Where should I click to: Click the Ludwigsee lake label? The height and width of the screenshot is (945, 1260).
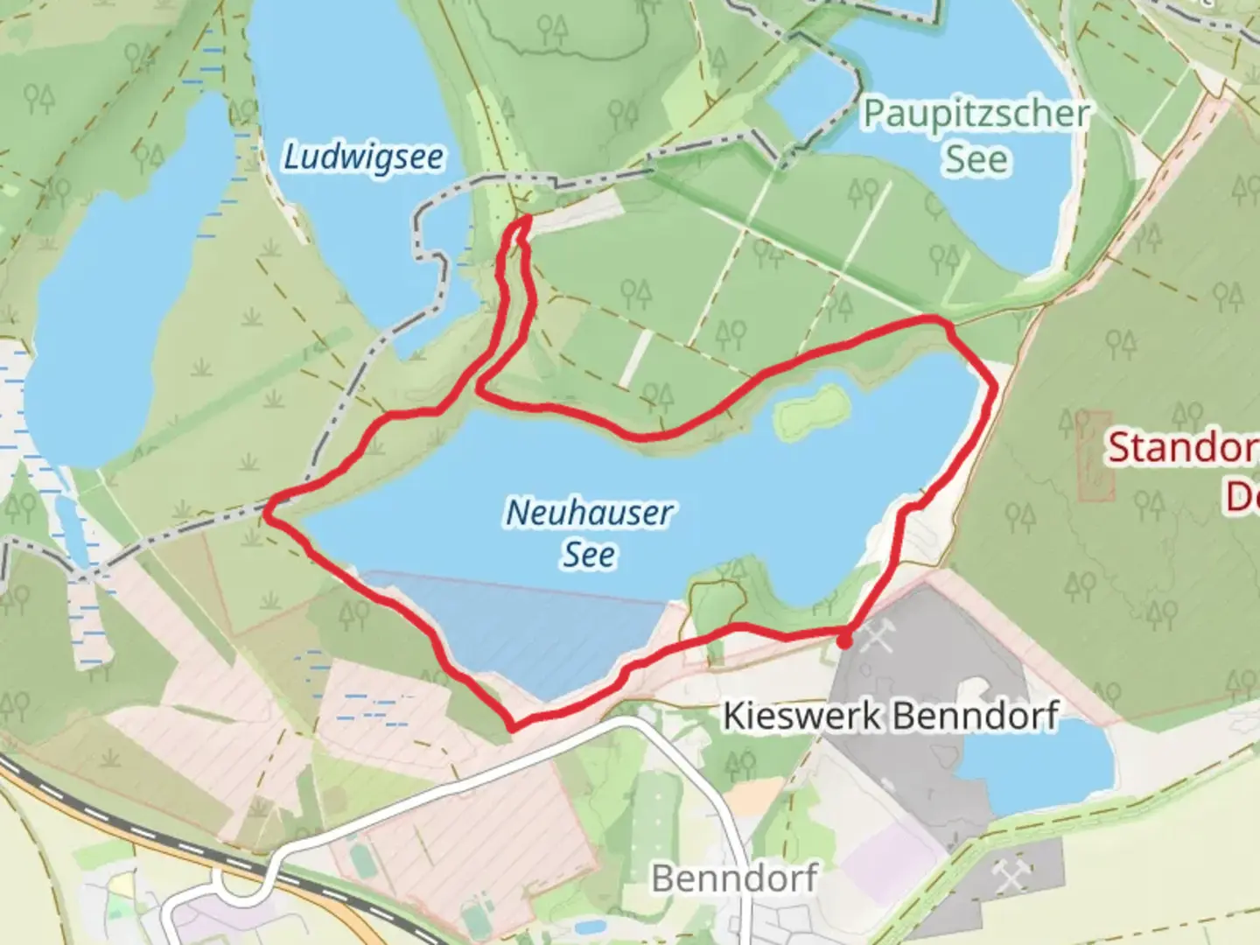(363, 157)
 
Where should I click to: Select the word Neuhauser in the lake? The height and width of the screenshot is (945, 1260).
(589, 513)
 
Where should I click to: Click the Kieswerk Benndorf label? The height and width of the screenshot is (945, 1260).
(890, 716)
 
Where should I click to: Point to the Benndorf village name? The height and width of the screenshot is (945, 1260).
(735, 877)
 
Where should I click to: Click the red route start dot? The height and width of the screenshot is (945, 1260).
(843, 641)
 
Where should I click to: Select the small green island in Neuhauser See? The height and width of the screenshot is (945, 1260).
(811, 409)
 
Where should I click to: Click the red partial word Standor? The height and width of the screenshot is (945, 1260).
(1181, 448)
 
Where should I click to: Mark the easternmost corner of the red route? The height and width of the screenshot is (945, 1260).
(994, 385)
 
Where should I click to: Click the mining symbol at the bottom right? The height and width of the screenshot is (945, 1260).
(1011, 875)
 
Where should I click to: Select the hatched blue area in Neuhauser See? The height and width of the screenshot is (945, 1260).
(525, 630)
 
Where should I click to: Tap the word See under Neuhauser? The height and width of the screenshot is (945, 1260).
(589, 555)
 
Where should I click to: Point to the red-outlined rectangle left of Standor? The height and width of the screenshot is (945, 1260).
(1095, 455)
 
